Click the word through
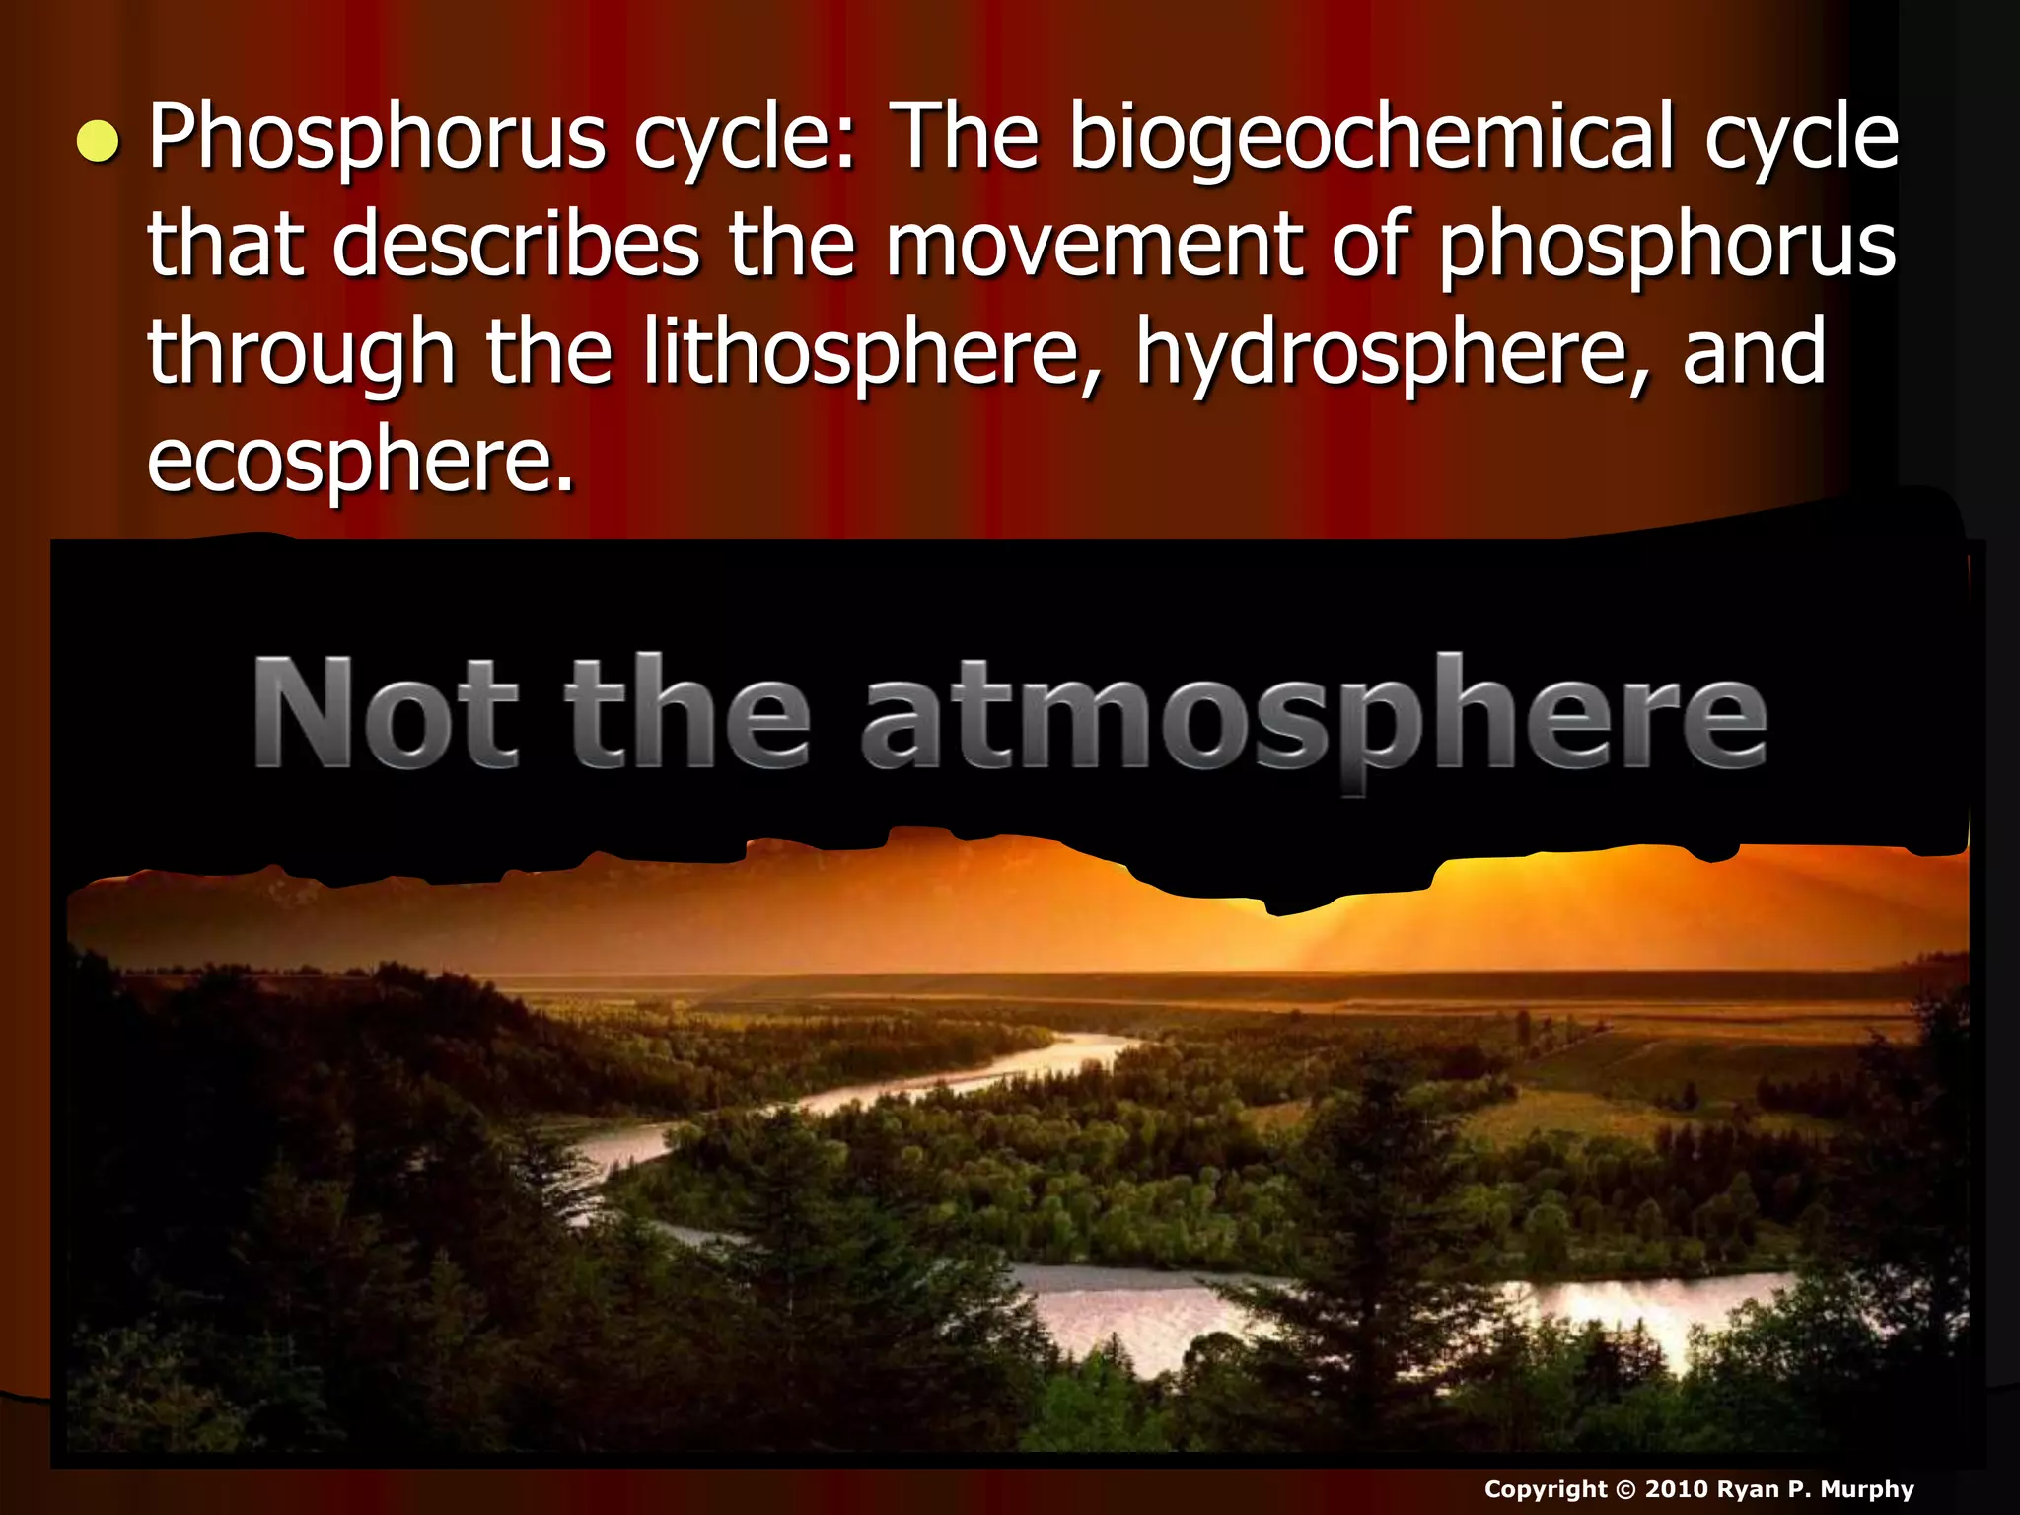pyautogui.click(x=301, y=353)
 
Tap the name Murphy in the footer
pyautogui.click(x=1867, y=1489)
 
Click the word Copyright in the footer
pyautogui.click(x=1545, y=1490)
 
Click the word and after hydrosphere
pyautogui.click(x=1755, y=353)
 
